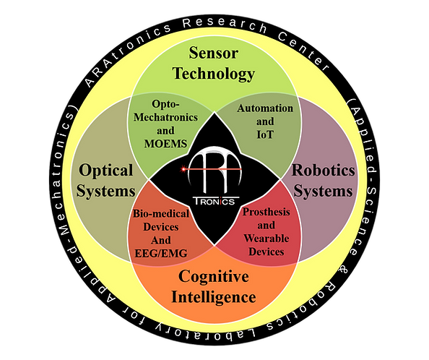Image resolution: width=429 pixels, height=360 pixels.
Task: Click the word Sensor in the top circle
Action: (x=213, y=53)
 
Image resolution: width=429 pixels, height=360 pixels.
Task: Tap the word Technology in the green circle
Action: (x=213, y=74)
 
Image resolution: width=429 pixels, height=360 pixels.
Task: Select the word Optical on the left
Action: (x=105, y=171)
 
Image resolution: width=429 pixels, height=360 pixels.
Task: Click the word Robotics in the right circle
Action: (x=324, y=171)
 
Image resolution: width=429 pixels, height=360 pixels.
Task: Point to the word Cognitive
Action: (x=213, y=276)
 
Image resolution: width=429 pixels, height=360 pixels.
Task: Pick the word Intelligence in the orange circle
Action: (x=213, y=297)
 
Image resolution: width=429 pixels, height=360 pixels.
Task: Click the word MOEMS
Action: (x=165, y=144)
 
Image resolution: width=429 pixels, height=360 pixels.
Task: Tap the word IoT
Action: (x=265, y=134)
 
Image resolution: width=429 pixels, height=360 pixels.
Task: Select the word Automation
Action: (x=265, y=108)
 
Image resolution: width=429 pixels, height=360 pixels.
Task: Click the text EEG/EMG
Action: (x=161, y=253)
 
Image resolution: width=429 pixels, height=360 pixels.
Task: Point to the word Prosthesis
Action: (x=266, y=212)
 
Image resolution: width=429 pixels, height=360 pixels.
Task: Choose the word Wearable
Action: (x=266, y=238)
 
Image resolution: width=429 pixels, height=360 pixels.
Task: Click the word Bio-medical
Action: (x=161, y=213)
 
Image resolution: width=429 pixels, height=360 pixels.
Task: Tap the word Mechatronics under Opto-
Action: (x=165, y=117)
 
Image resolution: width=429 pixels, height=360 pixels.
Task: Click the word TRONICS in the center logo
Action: (x=214, y=202)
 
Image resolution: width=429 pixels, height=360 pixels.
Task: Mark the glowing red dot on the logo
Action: (x=183, y=169)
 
